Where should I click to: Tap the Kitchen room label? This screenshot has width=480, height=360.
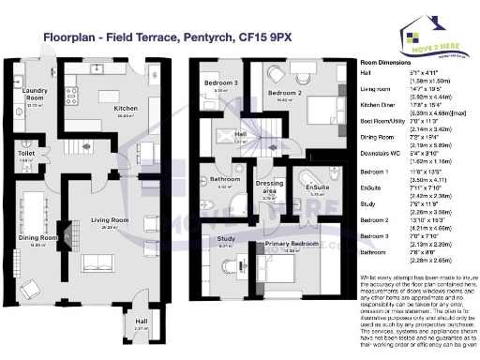(127, 109)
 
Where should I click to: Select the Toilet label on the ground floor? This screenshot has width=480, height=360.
(26, 153)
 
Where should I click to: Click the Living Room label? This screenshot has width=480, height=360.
(110, 221)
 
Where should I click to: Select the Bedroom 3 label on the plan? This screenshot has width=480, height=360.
(221, 84)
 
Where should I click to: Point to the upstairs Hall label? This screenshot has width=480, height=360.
(240, 135)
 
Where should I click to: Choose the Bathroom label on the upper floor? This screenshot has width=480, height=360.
(225, 179)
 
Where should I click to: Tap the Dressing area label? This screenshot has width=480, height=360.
(270, 187)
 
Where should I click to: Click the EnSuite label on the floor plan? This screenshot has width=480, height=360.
(317, 187)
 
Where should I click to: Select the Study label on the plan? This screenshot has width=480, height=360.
(225, 239)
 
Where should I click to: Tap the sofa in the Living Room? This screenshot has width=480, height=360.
(98, 262)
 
